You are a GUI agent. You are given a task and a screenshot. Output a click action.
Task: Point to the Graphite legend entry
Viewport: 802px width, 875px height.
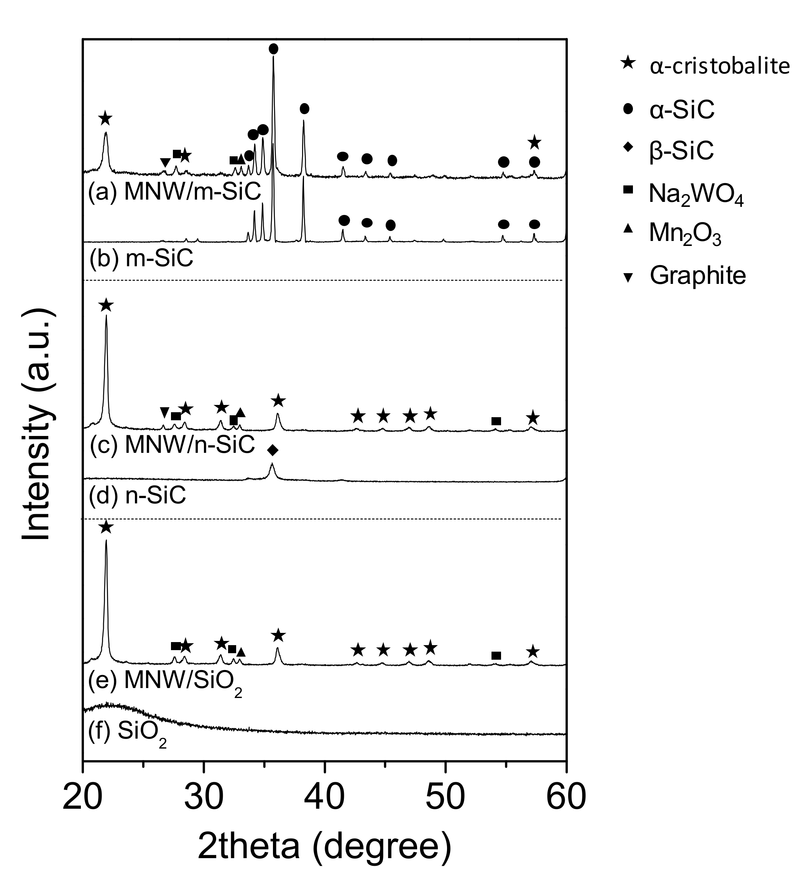click(x=697, y=275)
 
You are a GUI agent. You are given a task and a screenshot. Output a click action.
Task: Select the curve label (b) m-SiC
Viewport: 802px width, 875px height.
click(x=141, y=259)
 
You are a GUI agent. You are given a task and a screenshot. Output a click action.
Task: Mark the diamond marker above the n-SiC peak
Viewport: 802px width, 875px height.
click(x=272, y=451)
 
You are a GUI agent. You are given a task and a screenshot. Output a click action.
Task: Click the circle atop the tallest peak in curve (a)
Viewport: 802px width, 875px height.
click(x=273, y=49)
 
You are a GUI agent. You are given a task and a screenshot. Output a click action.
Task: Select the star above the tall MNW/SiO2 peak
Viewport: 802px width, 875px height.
click(x=106, y=528)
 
